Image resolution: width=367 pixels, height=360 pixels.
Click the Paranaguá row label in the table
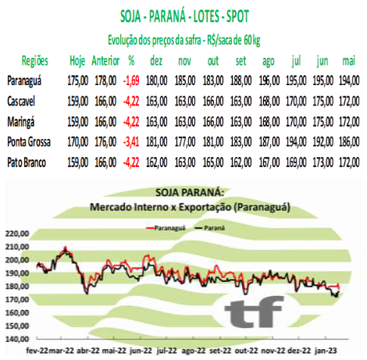tap(24, 80)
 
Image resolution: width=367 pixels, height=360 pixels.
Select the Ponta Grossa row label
tap(29, 142)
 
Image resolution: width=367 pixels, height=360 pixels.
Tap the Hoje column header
tap(77, 61)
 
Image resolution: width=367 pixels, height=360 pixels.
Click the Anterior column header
tap(105, 61)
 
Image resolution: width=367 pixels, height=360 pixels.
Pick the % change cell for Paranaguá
tap(131, 80)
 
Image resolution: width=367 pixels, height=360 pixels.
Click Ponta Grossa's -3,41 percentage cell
tap(131, 142)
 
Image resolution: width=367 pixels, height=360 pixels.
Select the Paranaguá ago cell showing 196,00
tap(269, 80)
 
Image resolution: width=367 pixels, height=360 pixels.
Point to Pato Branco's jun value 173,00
tap(322, 162)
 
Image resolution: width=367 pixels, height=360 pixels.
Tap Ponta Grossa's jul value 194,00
tap(296, 142)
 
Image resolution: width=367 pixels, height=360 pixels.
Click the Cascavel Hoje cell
tap(78, 102)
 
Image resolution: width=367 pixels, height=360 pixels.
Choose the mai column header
tap(349, 61)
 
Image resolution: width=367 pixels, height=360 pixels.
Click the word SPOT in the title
tap(237, 16)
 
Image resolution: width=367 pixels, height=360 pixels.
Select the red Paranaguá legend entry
tap(166, 228)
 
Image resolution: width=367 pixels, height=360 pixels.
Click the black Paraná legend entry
tap(210, 228)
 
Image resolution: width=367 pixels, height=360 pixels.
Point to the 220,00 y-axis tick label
tap(17, 233)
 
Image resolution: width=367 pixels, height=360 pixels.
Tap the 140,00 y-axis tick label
tap(17, 339)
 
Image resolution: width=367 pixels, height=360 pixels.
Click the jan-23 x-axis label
tap(326, 351)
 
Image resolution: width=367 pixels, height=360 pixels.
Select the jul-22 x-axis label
tap(166, 351)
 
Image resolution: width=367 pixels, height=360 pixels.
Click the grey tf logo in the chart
tap(254, 312)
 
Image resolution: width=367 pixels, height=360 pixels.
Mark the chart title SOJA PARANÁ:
tap(190, 193)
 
